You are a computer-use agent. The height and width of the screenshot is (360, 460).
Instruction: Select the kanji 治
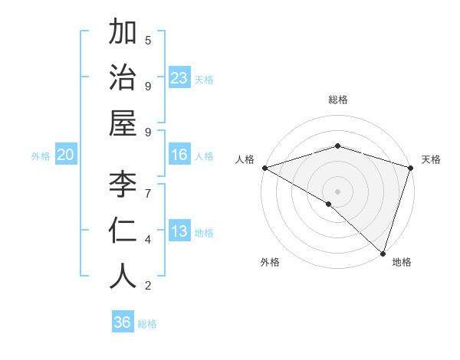click(x=123, y=78)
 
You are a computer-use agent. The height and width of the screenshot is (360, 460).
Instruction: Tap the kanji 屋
click(x=123, y=123)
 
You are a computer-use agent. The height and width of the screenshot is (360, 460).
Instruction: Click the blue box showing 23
click(x=179, y=78)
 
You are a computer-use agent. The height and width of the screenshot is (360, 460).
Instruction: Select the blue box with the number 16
click(x=179, y=155)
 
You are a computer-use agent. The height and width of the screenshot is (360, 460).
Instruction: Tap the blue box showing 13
click(x=179, y=232)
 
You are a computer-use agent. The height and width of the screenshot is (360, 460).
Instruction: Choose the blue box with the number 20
click(x=66, y=155)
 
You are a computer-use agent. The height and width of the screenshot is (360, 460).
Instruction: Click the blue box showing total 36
click(x=123, y=323)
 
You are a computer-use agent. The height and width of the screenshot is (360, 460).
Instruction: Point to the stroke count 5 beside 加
click(x=148, y=40)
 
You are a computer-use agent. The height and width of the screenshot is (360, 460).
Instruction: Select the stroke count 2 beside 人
click(x=148, y=286)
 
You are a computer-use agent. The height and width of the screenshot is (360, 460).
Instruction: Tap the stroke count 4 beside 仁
click(x=148, y=240)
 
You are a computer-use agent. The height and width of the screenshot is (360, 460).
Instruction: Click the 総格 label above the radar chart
click(x=338, y=100)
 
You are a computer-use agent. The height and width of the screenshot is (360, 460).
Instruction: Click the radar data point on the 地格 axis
click(x=383, y=253)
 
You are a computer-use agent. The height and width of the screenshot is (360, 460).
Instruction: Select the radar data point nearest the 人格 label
click(x=264, y=168)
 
